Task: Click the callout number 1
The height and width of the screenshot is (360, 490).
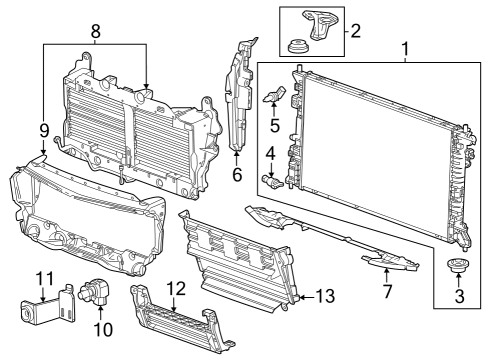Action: (x=405, y=47)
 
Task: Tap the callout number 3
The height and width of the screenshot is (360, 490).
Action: (x=460, y=298)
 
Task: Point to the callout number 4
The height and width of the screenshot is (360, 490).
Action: (x=270, y=154)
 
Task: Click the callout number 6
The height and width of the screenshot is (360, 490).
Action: (x=236, y=174)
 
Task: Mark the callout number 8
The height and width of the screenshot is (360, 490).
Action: (x=96, y=32)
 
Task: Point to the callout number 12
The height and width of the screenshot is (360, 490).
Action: (x=176, y=289)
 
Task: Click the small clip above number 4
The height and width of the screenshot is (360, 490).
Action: (x=271, y=180)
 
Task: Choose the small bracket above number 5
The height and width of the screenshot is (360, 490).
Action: (x=277, y=97)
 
